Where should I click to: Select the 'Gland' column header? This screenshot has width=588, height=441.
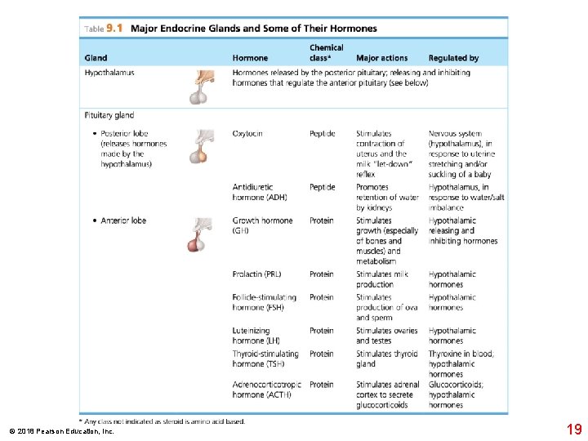click(x=96, y=58)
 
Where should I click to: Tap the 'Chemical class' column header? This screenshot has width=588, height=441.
click(x=326, y=53)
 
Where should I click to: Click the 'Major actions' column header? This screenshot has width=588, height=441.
click(x=381, y=58)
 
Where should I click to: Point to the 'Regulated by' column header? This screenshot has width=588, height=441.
click(x=453, y=58)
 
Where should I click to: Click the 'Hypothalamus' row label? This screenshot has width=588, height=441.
click(x=109, y=73)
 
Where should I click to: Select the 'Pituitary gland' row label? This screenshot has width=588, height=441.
click(x=109, y=115)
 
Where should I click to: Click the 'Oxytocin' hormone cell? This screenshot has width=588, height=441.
click(x=247, y=134)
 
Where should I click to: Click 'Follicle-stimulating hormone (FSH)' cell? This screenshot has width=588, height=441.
click(x=259, y=302)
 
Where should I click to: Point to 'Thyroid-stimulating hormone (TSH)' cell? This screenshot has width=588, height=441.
click(x=265, y=359)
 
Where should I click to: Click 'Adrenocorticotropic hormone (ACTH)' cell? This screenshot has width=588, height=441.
click(x=266, y=389)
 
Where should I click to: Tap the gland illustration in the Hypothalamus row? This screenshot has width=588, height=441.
click(x=199, y=86)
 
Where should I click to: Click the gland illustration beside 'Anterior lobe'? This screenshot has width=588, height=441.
click(x=198, y=234)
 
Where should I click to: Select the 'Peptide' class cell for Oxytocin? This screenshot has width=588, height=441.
click(x=322, y=134)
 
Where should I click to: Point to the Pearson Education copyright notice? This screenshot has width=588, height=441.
click(x=62, y=430)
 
